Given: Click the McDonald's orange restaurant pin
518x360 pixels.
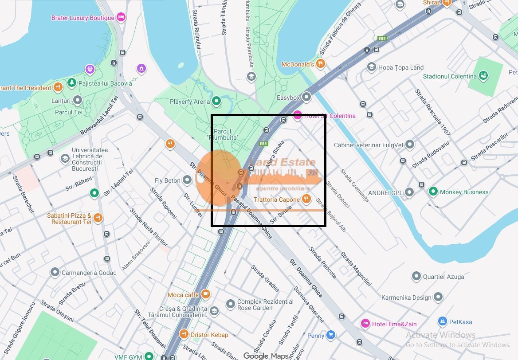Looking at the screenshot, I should coord(321,64).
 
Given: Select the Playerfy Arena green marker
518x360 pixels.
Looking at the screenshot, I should coord(216,102).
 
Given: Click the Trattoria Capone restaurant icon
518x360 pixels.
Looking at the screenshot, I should coord(306,199).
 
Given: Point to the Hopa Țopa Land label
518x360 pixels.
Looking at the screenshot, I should coord(400,67).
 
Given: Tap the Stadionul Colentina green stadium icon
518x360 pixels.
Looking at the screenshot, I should coord(483,76).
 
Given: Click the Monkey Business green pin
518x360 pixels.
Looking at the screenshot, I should coord(433,192).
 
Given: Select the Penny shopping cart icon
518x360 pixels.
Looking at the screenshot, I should coord(330,335).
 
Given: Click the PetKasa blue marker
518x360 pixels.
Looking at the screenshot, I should coord(442,321).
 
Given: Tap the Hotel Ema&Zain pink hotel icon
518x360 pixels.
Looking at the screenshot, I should coord(365,324).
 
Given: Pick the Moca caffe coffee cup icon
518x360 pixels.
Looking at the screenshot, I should coord(205,294).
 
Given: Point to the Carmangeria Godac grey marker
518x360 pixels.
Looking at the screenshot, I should coord(55,272).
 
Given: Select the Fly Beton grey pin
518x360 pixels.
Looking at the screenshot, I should coord(188,180).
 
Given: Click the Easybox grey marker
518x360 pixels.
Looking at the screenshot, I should coord(306,97).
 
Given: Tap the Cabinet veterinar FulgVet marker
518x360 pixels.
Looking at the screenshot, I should coord(410,145).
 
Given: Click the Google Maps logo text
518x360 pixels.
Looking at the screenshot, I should coord(266,356).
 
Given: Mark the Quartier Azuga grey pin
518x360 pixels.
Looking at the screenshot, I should coord(416,276).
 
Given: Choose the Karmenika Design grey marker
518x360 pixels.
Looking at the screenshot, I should coord(438,297).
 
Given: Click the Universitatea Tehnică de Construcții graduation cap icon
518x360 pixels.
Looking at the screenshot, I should coord(65,159).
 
